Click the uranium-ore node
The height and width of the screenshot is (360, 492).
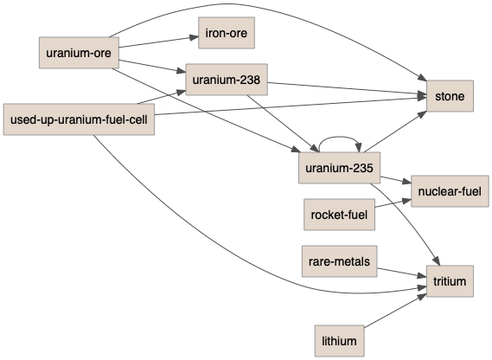[79, 53]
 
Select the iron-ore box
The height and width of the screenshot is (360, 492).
[227, 33]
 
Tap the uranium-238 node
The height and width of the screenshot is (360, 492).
[227, 80]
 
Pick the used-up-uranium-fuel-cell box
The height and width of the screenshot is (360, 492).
[79, 119]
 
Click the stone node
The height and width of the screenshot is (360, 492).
[450, 96]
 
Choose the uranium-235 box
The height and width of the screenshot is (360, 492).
[339, 168]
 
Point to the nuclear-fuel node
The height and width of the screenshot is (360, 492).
[450, 191]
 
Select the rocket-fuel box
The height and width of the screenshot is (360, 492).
[339, 215]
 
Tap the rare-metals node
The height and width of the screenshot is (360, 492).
[340, 261]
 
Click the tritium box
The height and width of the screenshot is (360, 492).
[450, 281]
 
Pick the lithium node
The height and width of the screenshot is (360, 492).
[340, 341]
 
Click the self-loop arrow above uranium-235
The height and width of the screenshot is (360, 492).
[340, 137]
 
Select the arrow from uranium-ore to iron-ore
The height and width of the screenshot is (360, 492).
[159, 42]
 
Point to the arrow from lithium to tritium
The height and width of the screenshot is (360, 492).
[395, 311]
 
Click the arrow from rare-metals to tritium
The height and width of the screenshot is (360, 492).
[401, 273]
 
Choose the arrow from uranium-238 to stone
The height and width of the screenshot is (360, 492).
[347, 88]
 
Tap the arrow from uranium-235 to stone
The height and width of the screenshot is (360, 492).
[395, 132]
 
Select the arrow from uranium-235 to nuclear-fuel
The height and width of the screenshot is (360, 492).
[396, 180]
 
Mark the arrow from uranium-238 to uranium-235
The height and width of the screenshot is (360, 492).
[283, 124]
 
